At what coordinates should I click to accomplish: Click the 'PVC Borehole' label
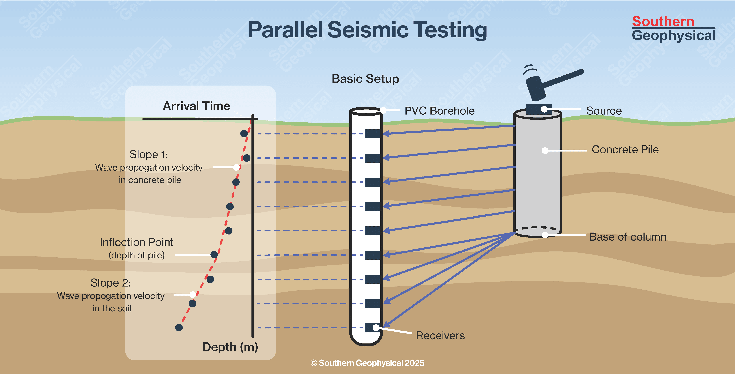pyautogui.click(x=439, y=111)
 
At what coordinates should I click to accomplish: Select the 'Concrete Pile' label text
pyautogui.click(x=625, y=150)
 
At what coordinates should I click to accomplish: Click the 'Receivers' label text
pyautogui.click(x=440, y=336)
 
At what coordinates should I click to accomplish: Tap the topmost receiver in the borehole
pyautogui.click(x=373, y=134)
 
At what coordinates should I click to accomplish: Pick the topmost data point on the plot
pyautogui.click(x=244, y=133)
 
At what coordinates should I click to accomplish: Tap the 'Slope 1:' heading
pyautogui.click(x=149, y=155)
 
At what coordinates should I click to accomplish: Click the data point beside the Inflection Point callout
pyautogui.click(x=214, y=254)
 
